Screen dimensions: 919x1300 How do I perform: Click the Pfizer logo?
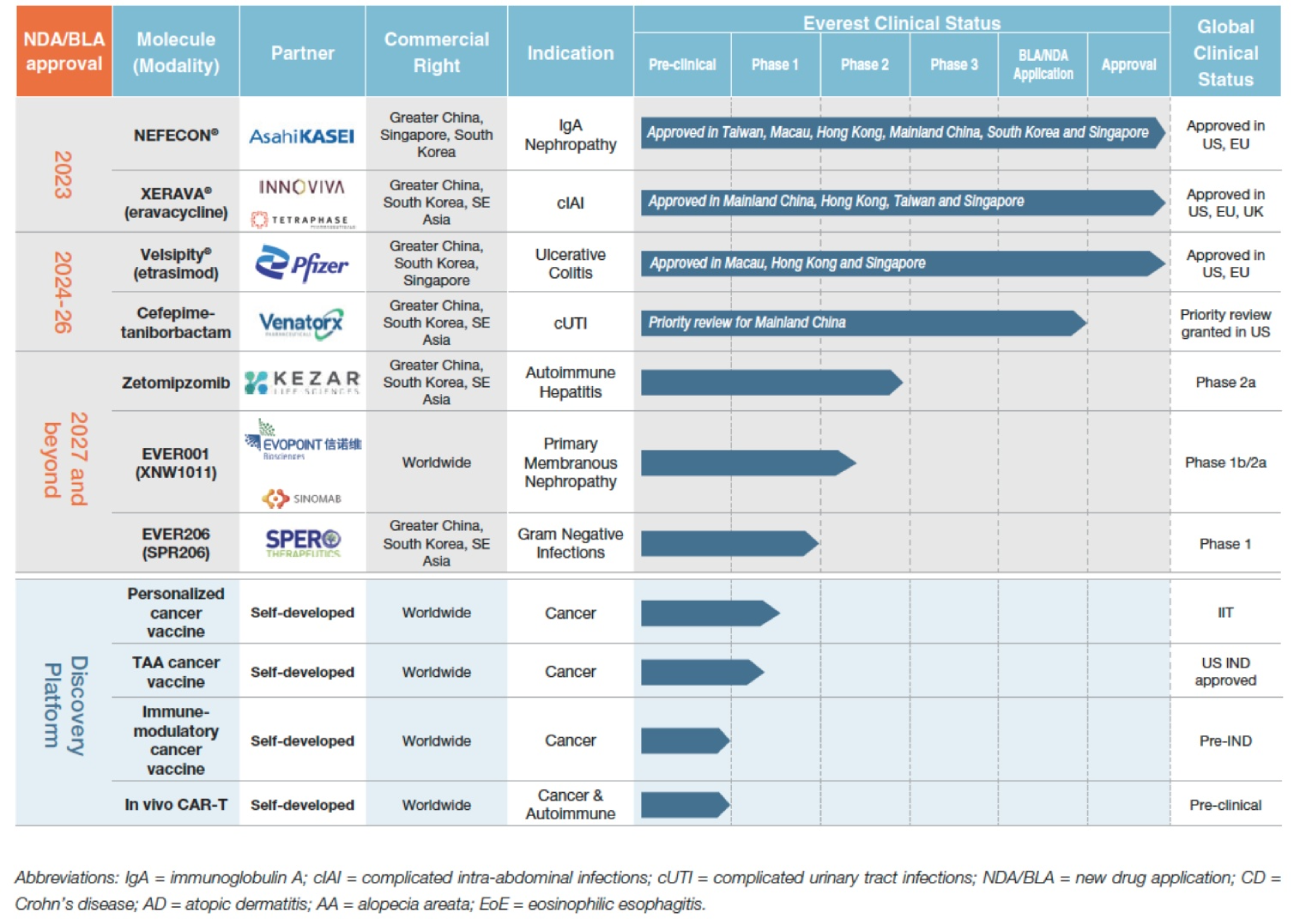pyautogui.click(x=301, y=263)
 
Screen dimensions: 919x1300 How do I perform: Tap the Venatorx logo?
pyautogui.click(x=301, y=322)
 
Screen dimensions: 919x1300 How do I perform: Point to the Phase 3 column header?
pyautogui.click(x=954, y=65)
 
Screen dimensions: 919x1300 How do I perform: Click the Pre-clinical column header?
pyautogui.click(x=682, y=65)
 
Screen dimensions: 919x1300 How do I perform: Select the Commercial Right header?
pyautogui.click(x=436, y=53)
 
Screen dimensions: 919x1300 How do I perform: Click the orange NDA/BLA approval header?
pyautogui.click(x=62, y=51)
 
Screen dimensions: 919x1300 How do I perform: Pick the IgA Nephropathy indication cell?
pyautogui.click(x=571, y=134)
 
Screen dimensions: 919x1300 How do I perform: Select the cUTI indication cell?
pyautogui.click(x=571, y=322)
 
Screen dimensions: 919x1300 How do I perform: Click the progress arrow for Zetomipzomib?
pyautogui.click(x=770, y=382)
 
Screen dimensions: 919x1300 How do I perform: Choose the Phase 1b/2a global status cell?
pyautogui.click(x=1225, y=462)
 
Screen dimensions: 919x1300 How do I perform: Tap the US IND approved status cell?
pyautogui.click(x=1225, y=672)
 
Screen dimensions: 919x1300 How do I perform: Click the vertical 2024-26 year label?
pyautogui.click(x=62, y=291)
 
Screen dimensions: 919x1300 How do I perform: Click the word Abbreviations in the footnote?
pyautogui.click(x=59, y=877)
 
